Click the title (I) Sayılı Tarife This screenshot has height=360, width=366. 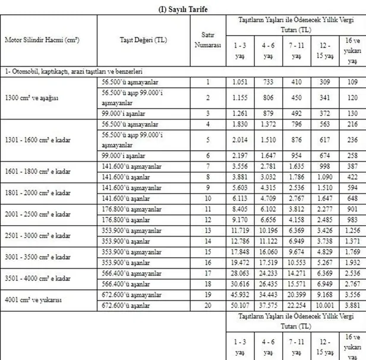coord(182,8)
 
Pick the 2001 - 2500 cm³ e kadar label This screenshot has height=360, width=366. coord(37,214)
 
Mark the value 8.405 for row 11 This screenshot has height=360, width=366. coord(240,209)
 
